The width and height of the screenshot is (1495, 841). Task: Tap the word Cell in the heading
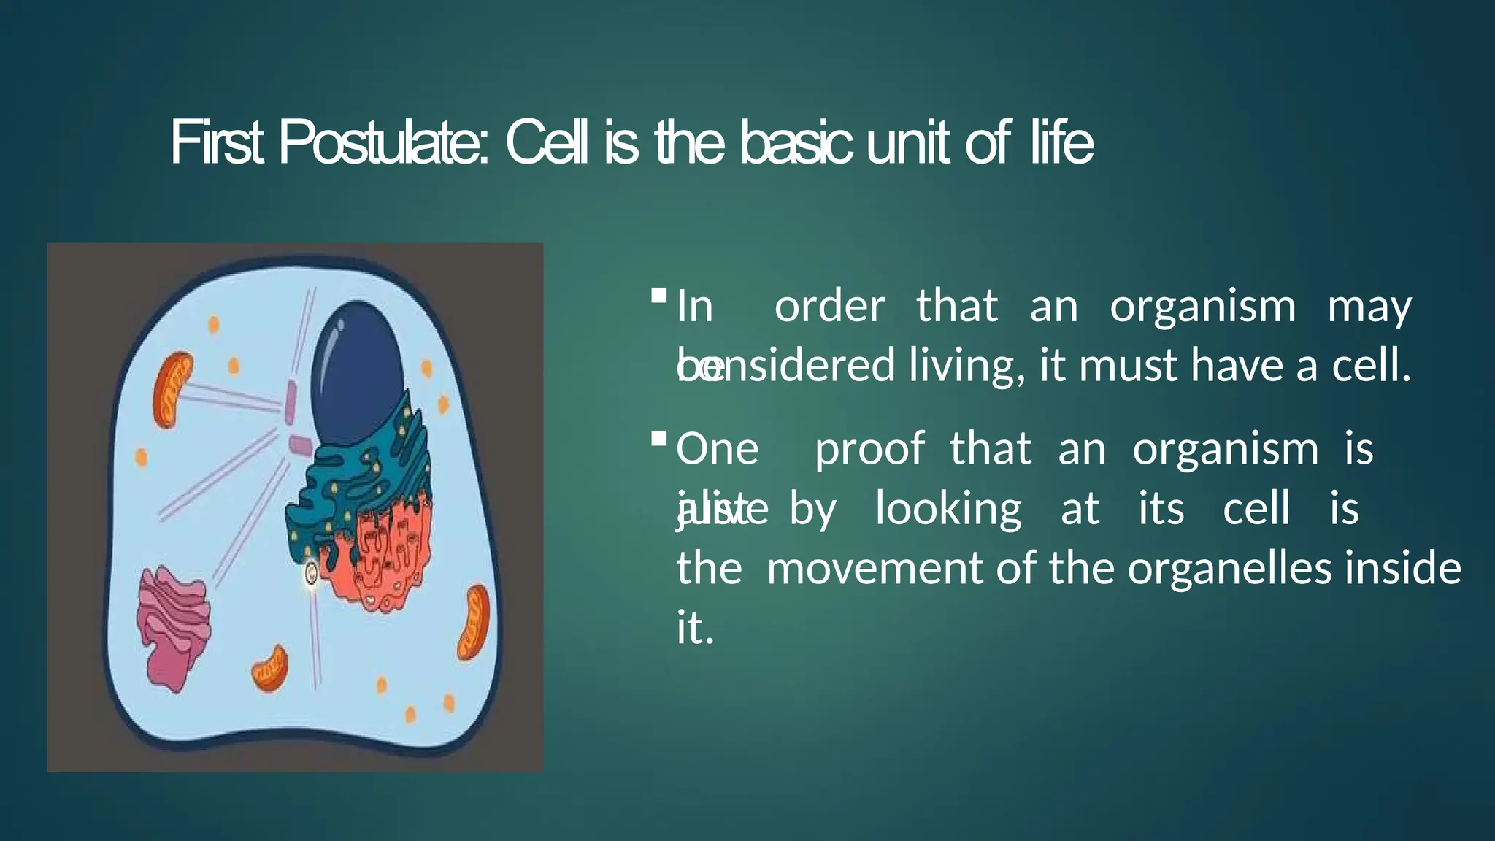[x=547, y=143]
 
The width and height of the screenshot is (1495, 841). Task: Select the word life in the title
[x=1061, y=143]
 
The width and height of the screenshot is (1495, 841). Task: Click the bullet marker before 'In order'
[x=658, y=296]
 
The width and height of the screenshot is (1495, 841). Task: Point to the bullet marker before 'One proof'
[x=658, y=439]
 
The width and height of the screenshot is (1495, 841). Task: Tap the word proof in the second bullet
[x=869, y=448]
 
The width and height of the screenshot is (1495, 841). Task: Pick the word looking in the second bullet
[x=948, y=509]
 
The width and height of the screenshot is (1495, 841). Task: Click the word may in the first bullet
[x=1369, y=306]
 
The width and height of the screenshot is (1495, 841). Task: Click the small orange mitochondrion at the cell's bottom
[x=271, y=668]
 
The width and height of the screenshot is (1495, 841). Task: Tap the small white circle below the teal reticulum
[x=312, y=574]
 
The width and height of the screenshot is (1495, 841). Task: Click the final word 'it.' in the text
[x=694, y=628]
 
